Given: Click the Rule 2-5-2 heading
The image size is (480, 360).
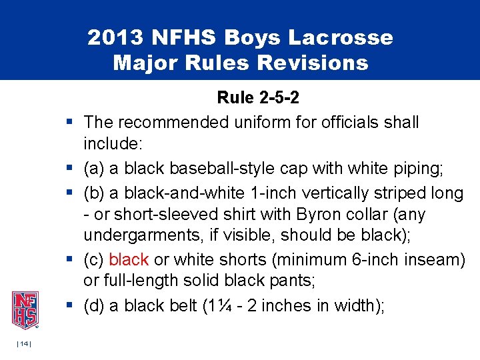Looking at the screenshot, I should (258, 99).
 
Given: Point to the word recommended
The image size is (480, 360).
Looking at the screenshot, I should (172, 123).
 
